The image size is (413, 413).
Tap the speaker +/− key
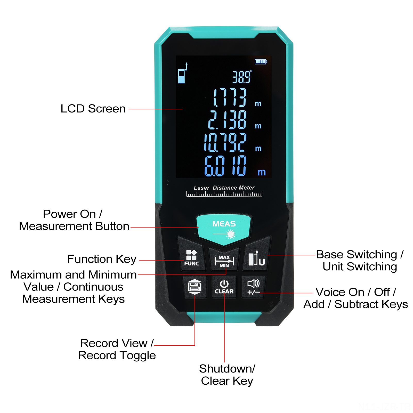coord(253,287)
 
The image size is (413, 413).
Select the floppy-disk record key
coord(195,287)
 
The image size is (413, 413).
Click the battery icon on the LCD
coord(261,62)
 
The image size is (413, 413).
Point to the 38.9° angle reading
coord(242,77)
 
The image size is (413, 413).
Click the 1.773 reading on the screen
coord(229,97)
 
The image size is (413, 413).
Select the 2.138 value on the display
coord(227,120)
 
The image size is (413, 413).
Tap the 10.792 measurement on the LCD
coord(225,142)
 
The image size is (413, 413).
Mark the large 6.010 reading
coord(225,166)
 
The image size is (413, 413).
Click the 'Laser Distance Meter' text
coord(224,188)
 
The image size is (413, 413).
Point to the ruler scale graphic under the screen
coord(224,194)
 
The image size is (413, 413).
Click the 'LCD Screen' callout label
coord(93,109)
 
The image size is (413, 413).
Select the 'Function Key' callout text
coord(102,259)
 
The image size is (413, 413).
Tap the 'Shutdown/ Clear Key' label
coord(227,375)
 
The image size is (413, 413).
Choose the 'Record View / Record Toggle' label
coord(117,349)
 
